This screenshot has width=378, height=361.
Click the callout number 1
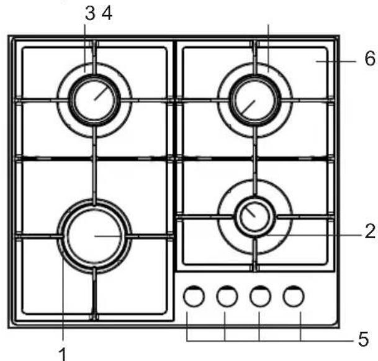63,354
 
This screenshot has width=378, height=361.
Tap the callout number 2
370,231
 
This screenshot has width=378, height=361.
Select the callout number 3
90,13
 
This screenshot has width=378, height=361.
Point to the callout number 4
107,13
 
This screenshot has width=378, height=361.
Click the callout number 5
363,339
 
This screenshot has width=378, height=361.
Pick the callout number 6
370,58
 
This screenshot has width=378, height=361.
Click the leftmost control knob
194,296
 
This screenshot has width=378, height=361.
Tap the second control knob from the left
227,296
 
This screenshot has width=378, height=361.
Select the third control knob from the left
260,296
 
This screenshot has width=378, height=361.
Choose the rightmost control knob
294,296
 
